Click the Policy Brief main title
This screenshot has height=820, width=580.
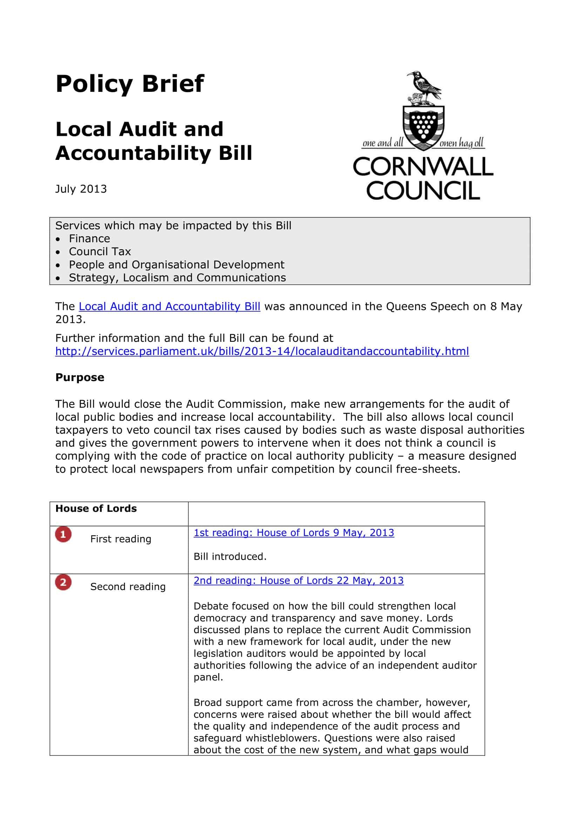pos(130,84)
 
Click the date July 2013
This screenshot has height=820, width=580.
pos(81,189)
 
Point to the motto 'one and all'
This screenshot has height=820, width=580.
pos(383,143)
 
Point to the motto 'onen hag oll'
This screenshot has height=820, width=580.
pos(462,143)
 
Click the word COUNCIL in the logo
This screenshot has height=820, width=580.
pos(423,191)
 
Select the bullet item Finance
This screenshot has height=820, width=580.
pos(89,239)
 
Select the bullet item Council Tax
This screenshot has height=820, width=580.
pos(100,251)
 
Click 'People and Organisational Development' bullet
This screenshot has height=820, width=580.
pos(176,265)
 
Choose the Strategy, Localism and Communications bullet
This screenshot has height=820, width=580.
pos(177,278)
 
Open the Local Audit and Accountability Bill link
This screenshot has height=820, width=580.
pos(169,306)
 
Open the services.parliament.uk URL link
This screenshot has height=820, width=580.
pos(262,351)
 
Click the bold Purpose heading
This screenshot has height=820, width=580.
pos(80,377)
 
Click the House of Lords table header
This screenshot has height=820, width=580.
pos(96,508)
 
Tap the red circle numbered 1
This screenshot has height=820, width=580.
pos(63,534)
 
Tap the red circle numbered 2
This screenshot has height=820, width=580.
pos(63,583)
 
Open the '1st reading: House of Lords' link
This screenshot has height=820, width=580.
pos(294,533)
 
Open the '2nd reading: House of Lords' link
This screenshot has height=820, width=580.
pos(298,580)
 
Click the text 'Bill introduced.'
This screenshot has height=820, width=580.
pos(230,556)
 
